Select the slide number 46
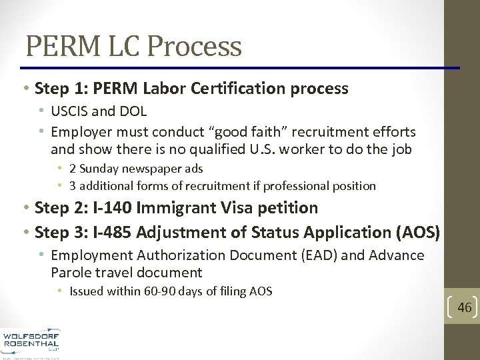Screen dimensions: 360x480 pos(464,307)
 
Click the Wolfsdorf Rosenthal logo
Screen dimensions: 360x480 pos(31,343)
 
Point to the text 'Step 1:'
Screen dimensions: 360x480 pos(58,89)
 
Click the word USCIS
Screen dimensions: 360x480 pos(70,111)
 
